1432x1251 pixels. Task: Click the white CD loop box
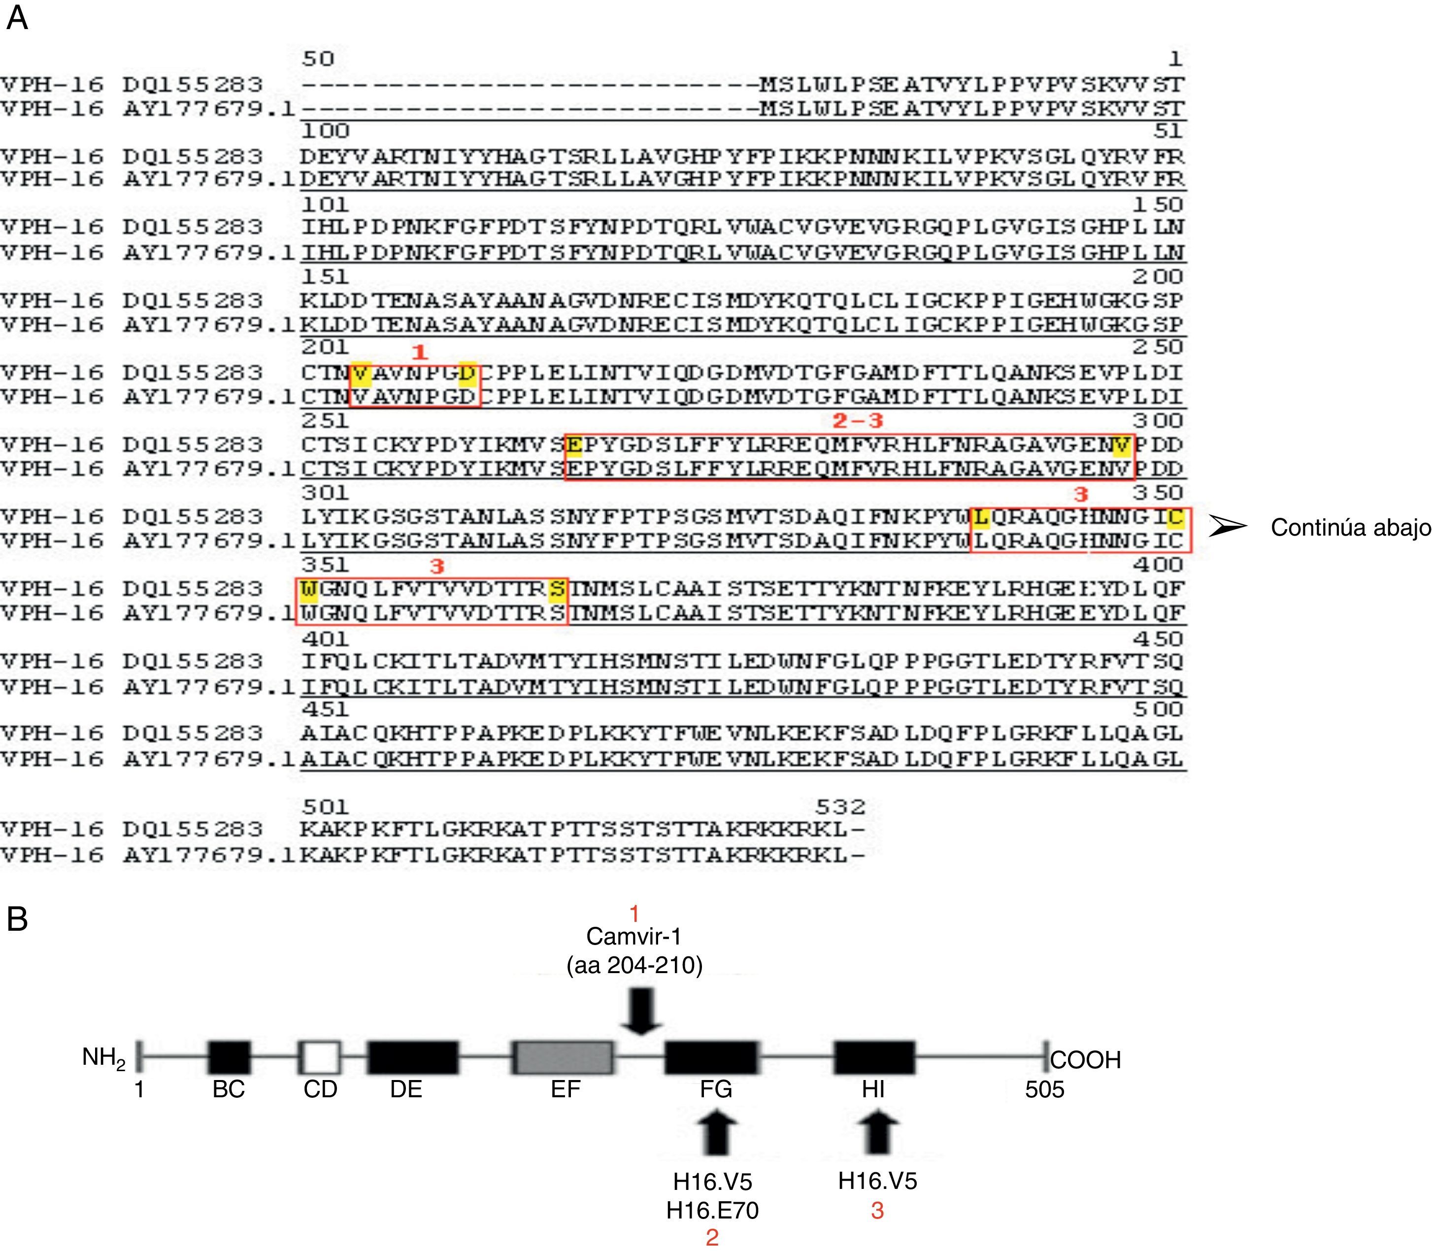320,1058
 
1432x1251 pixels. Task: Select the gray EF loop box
564,1058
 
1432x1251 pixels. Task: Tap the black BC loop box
229,1058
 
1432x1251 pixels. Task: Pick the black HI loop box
874,1058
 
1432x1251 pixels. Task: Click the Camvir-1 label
633,936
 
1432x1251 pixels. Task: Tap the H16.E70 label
712,1210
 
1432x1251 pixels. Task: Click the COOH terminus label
1085,1060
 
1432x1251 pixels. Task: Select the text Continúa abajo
1350,528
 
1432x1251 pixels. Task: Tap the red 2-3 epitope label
858,420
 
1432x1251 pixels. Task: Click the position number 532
840,807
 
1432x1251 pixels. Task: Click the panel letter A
17,18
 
